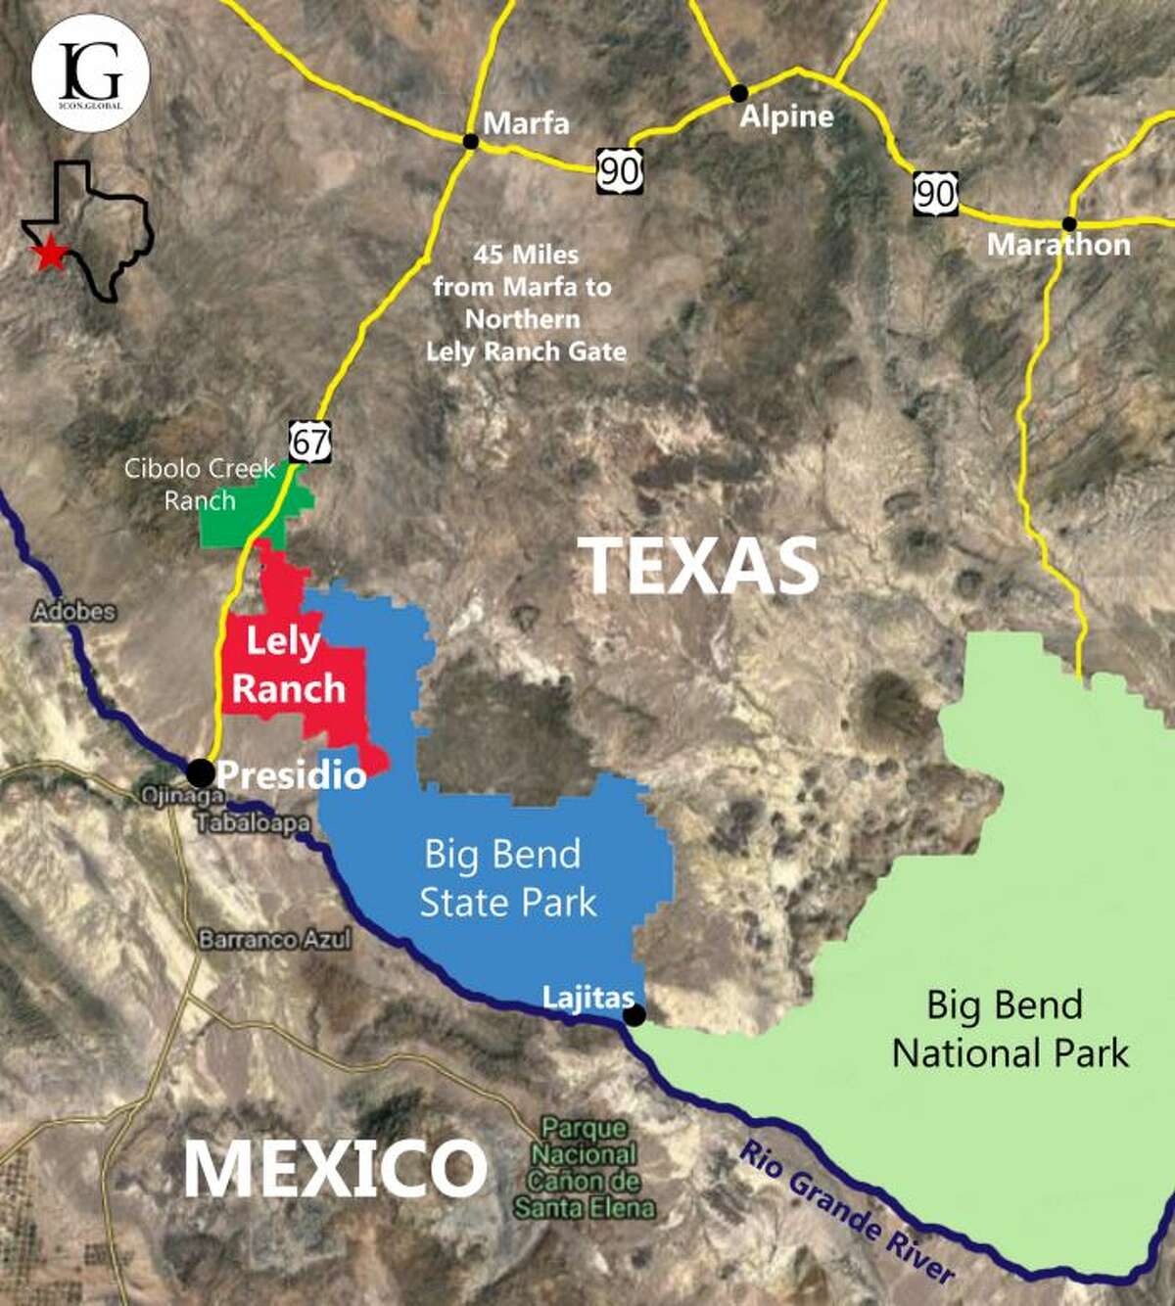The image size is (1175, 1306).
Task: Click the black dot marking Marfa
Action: click(470, 141)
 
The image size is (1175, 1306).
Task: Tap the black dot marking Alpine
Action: click(739, 93)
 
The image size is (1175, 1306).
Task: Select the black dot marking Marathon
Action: click(1069, 224)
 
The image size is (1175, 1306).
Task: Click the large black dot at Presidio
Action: click(200, 772)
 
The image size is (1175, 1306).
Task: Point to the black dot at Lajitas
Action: click(634, 1015)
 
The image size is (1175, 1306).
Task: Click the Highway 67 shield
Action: click(309, 442)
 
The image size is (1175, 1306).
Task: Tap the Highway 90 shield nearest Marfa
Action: click(620, 171)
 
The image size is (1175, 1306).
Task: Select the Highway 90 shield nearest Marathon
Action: click(935, 194)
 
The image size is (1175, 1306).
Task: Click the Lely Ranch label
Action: click(287, 666)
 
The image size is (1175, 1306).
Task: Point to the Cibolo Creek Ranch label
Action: click(200, 485)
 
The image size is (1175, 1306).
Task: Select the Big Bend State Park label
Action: click(506, 878)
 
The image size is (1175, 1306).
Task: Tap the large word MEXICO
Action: click(335, 1169)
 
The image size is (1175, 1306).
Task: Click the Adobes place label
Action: click(74, 612)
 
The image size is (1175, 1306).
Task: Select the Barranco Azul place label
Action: click(274, 940)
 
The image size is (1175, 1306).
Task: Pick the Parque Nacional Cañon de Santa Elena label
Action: click(585, 1168)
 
